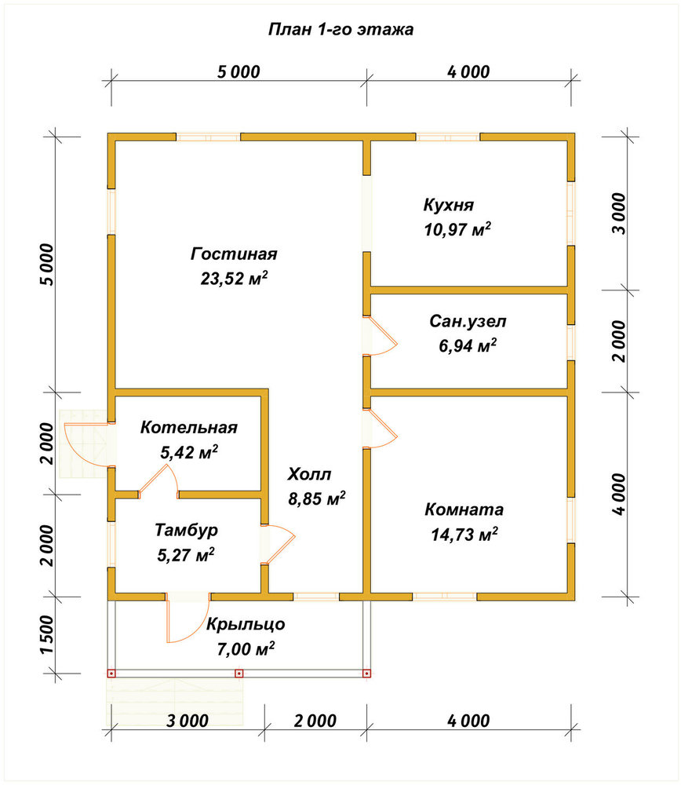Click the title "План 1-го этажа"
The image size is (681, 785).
(x=340, y=30)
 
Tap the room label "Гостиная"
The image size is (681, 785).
(x=234, y=254)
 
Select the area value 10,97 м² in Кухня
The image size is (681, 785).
(x=457, y=229)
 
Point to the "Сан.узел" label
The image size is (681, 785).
(x=468, y=321)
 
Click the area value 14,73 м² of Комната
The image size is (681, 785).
(x=464, y=534)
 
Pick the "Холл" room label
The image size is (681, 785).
(x=309, y=473)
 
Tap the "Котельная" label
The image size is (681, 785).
(x=188, y=427)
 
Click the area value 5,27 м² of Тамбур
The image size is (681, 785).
(x=186, y=555)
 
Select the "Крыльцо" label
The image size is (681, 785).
(x=246, y=624)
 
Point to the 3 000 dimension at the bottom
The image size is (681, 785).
(x=188, y=721)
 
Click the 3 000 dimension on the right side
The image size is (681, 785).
(x=619, y=214)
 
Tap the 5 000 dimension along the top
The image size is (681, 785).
(x=239, y=71)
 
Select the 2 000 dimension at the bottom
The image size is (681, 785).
(x=315, y=721)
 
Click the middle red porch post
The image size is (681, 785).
(x=239, y=674)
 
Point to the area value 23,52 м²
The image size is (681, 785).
(x=234, y=278)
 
